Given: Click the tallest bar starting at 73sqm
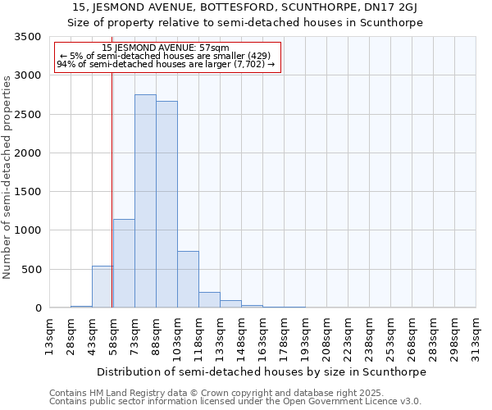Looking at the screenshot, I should click(145, 201).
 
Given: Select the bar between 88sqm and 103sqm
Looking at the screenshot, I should click(166, 204).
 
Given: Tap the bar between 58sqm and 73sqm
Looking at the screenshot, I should click(124, 263).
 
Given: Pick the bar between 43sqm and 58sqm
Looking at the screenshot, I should click(102, 287).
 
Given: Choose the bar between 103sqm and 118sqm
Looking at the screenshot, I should click(188, 280).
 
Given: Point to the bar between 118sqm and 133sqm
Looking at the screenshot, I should click(209, 300).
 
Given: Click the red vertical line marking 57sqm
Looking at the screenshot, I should click(112, 164).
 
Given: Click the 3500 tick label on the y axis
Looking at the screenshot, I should click(27, 37).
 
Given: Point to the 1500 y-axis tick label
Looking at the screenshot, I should click(27, 192).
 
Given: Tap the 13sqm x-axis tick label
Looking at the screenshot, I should click(50, 336).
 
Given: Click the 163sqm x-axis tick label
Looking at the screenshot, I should click(263, 336).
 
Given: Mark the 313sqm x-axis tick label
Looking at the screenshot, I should click(476, 336).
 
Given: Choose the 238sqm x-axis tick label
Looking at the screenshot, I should click(370, 336).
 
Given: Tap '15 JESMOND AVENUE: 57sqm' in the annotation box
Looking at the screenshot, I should click(166, 48).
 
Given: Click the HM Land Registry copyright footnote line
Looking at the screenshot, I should click(188, 393).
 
